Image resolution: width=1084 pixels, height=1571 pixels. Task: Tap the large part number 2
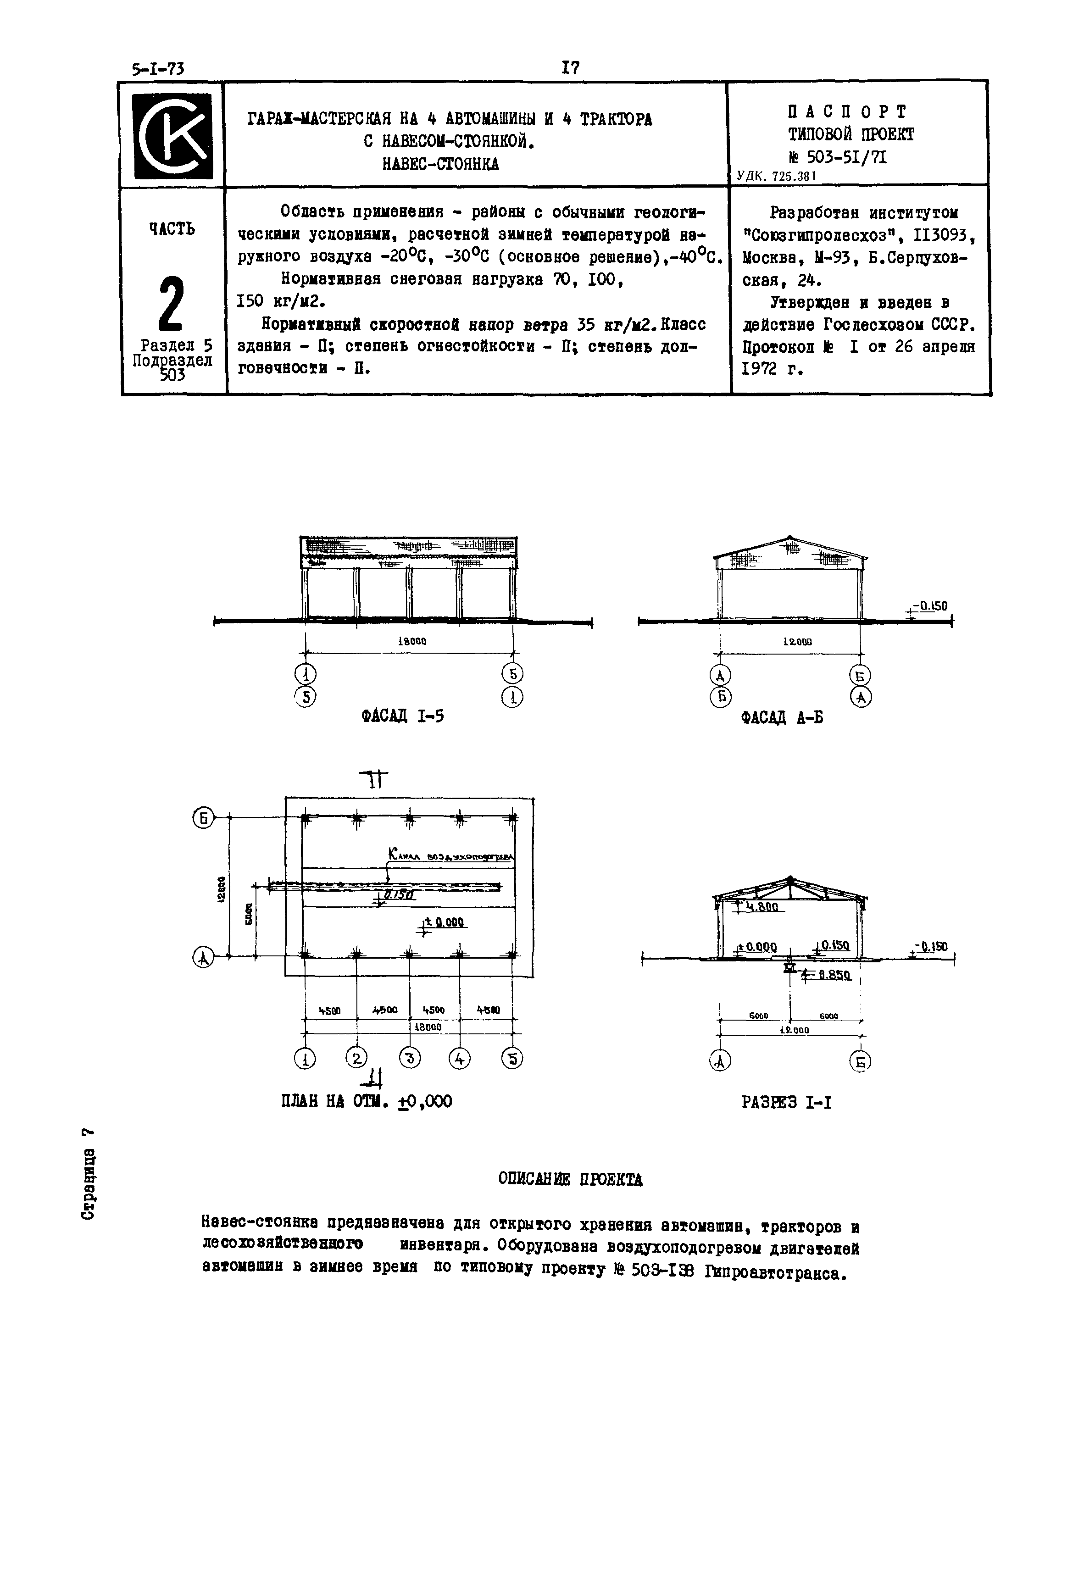click(x=171, y=303)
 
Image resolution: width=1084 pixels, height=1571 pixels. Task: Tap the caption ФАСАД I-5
click(x=403, y=716)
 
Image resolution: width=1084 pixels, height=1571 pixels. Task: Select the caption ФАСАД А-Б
click(x=782, y=717)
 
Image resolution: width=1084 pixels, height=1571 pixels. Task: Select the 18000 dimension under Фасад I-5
click(x=411, y=641)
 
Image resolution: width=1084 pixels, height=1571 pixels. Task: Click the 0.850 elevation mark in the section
click(x=834, y=976)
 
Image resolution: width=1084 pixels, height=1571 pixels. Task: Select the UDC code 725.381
click(x=776, y=176)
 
